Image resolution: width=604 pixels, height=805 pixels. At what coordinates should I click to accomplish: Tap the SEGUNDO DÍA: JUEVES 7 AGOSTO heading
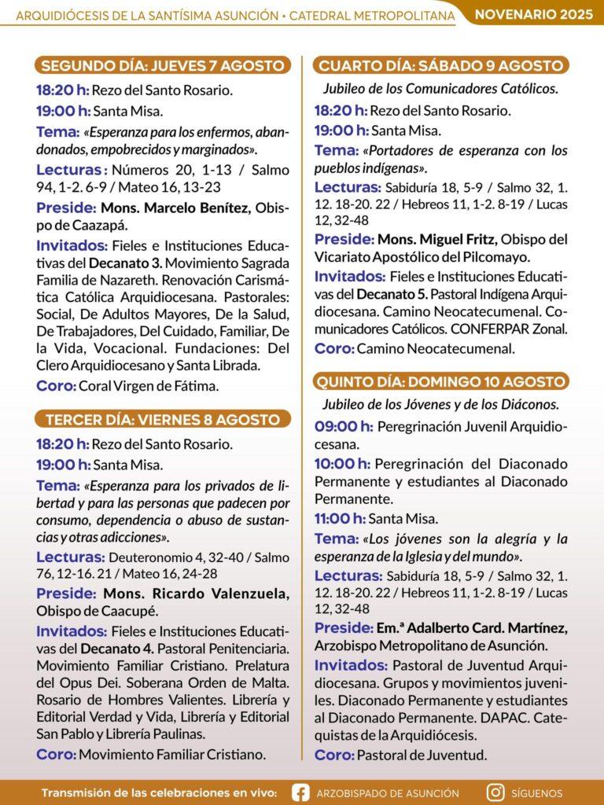point(162,65)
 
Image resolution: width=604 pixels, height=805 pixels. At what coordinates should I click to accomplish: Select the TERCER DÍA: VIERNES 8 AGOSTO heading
point(162,419)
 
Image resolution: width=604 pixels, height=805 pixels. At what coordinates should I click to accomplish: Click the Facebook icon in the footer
point(300,792)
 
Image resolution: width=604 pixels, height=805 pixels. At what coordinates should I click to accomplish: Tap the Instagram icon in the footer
point(495,792)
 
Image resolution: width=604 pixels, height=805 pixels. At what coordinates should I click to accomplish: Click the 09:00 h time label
point(343,427)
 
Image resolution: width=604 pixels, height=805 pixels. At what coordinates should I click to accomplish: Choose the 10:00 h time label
point(342,462)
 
